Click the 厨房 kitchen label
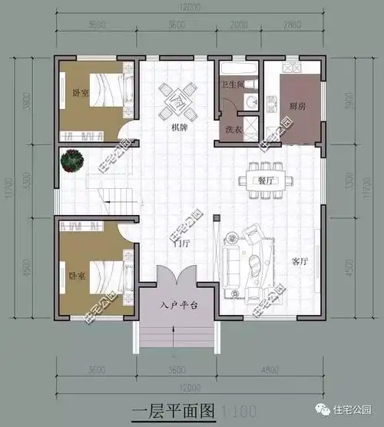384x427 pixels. [299, 107]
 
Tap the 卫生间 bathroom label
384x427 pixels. [231, 85]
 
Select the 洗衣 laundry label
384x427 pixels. [233, 131]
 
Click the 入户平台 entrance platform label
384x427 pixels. [179, 306]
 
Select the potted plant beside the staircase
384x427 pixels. [72, 160]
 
